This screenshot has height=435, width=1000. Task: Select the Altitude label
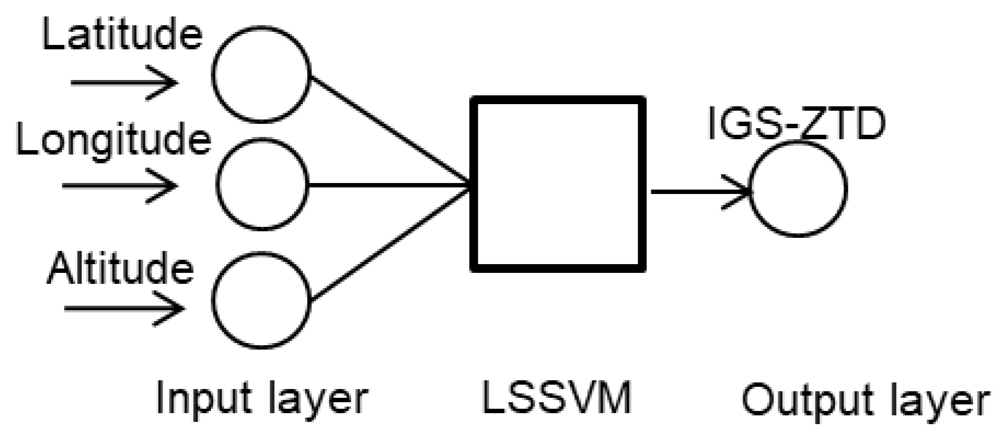[120, 268]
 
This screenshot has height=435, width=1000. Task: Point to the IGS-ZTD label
[796, 124]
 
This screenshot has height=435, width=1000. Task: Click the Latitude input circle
[262, 74]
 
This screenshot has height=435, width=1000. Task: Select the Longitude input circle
[262, 185]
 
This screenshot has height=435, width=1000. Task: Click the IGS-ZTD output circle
[797, 189]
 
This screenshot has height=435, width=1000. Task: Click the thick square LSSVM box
[558, 184]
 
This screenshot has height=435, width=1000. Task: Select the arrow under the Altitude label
[124, 309]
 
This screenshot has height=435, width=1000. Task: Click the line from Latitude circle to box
[390, 130]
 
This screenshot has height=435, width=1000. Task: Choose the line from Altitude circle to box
[390, 243]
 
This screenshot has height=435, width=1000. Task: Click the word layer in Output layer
[937, 402]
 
